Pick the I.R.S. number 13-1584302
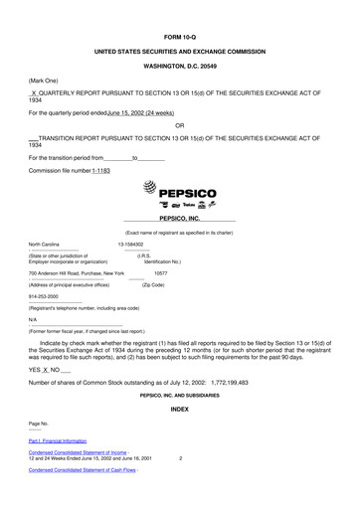(131, 244)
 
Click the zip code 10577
(161, 271)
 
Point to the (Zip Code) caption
(158, 284)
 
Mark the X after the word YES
(46, 367)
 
